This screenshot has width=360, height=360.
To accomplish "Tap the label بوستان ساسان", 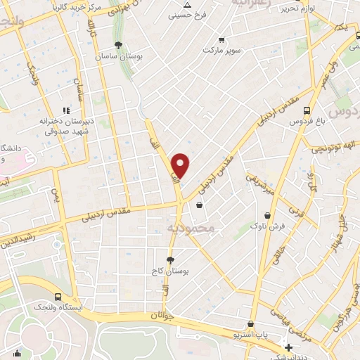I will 117,55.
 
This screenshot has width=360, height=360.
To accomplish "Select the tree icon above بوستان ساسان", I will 117,45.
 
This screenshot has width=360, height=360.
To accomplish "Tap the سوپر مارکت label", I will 222,50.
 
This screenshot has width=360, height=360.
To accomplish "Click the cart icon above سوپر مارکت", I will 222,40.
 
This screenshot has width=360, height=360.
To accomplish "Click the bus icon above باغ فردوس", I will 306,110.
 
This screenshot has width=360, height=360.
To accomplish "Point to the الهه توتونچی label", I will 328,148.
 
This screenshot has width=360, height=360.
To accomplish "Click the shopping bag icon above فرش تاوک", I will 267,216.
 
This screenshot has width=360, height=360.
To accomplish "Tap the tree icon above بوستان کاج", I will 169,259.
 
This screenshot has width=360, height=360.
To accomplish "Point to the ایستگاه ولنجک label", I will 59,307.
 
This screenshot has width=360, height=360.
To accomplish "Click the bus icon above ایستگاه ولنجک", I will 58,297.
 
